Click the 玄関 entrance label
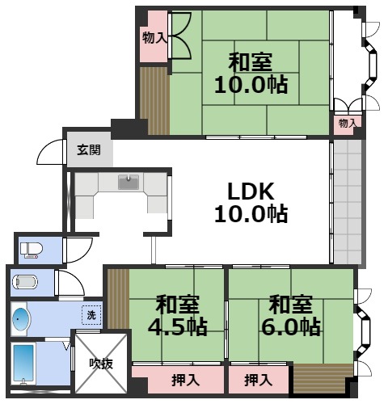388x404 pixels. [89, 149]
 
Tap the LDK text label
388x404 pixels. [251, 191]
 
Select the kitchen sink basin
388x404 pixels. [129, 182]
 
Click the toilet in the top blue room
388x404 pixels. [32, 250]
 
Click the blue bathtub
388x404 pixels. [23, 363]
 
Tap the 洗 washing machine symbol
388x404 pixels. [91, 315]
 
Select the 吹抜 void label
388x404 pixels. [101, 364]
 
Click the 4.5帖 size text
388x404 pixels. [178, 327]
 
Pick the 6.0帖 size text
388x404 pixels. [291, 326]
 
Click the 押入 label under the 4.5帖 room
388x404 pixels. [186, 380]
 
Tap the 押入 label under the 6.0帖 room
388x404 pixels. [258, 380]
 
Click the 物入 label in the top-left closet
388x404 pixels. [154, 37]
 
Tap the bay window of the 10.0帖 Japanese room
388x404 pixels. [372, 63]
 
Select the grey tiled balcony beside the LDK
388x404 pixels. [348, 202]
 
